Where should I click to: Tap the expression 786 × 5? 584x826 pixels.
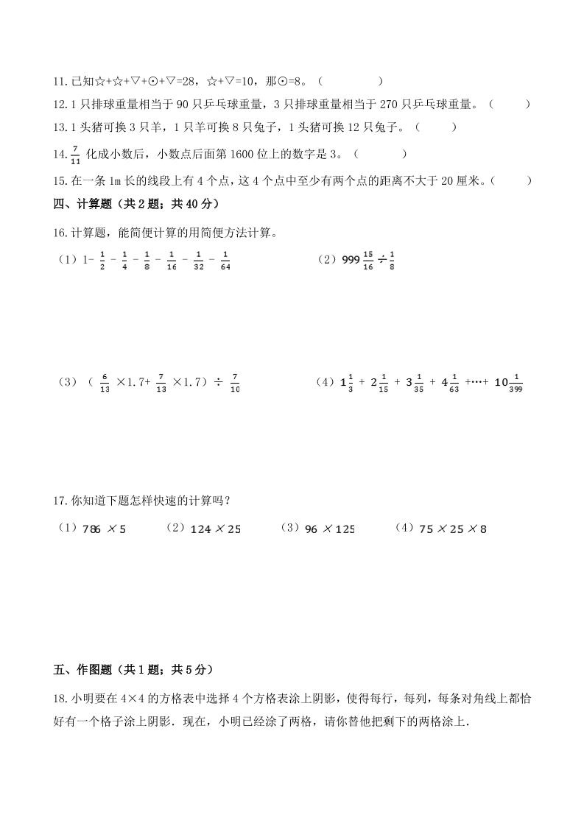pos(106,529)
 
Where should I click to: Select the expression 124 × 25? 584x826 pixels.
pos(215,529)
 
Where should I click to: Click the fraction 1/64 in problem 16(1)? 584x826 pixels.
pos(225,261)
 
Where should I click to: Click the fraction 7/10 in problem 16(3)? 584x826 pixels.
pos(236,383)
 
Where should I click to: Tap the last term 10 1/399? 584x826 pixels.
pos(513,383)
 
